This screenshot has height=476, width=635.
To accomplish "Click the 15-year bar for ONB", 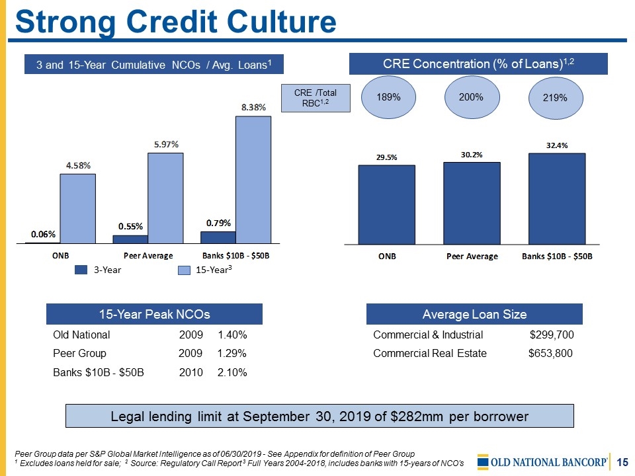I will [x=78, y=208].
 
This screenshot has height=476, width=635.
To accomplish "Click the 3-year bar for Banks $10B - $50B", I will [x=218, y=237].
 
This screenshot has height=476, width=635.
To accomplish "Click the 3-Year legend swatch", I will [x=81, y=270].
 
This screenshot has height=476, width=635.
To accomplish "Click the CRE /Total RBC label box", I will [x=316, y=98].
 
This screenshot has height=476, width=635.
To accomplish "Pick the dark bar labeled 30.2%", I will [x=472, y=203].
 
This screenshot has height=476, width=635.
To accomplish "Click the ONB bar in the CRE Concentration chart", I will [x=386, y=204].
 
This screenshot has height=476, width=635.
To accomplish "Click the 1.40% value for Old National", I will [x=232, y=335].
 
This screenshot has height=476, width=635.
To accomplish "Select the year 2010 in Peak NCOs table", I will [x=191, y=372].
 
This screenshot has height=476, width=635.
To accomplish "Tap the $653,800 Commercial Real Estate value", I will [x=550, y=353].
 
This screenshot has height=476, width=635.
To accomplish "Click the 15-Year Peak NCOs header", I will [x=154, y=313].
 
